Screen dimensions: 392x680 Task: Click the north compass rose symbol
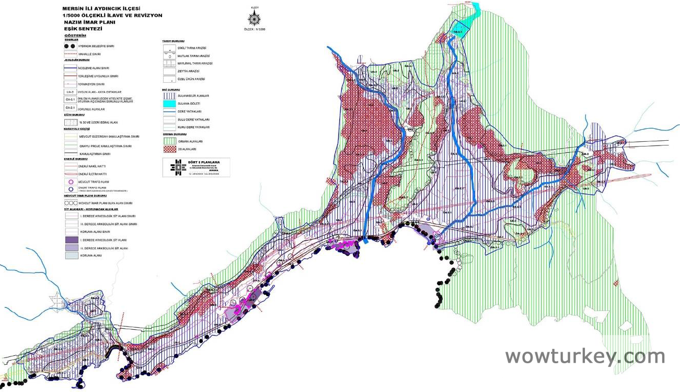(x=255, y=19)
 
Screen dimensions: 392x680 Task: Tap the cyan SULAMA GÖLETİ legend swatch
(x=169, y=104)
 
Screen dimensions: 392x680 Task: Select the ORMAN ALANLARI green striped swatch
(x=169, y=141)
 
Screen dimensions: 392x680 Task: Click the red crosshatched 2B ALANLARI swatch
(x=169, y=149)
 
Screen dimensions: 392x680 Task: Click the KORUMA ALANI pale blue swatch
(x=71, y=255)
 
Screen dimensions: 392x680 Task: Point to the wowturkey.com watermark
(x=585, y=356)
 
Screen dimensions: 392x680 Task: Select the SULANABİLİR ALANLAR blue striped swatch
(x=169, y=96)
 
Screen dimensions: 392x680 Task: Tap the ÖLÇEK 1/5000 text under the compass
(x=255, y=29)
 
